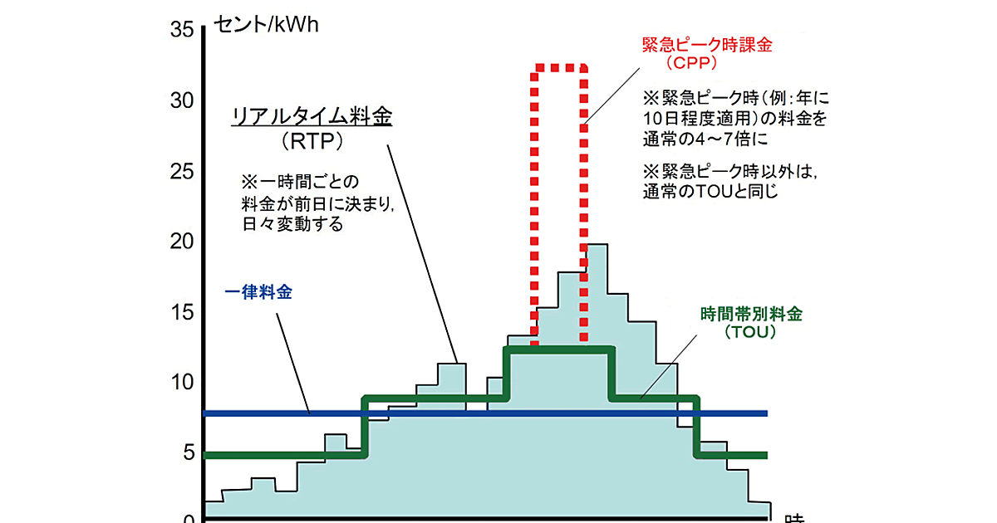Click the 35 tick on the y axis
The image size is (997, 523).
182,31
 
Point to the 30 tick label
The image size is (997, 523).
182,100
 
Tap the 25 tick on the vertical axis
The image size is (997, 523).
182,172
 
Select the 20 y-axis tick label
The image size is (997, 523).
182,242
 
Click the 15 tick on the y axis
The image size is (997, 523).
182,312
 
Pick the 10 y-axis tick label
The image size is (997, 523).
182,383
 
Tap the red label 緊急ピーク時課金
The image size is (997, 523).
707,45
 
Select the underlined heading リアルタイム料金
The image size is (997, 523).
311,118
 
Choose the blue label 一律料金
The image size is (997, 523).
258,292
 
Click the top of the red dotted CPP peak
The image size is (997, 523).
561,66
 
